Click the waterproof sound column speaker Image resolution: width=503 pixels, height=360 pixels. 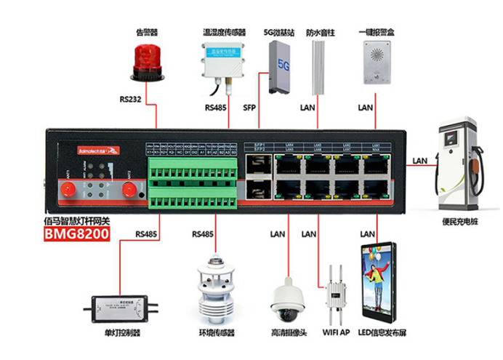point(317,67)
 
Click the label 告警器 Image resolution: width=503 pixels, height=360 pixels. point(148,32)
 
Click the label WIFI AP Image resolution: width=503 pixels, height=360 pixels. point(335,332)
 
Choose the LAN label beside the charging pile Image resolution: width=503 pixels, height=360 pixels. point(420,161)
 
